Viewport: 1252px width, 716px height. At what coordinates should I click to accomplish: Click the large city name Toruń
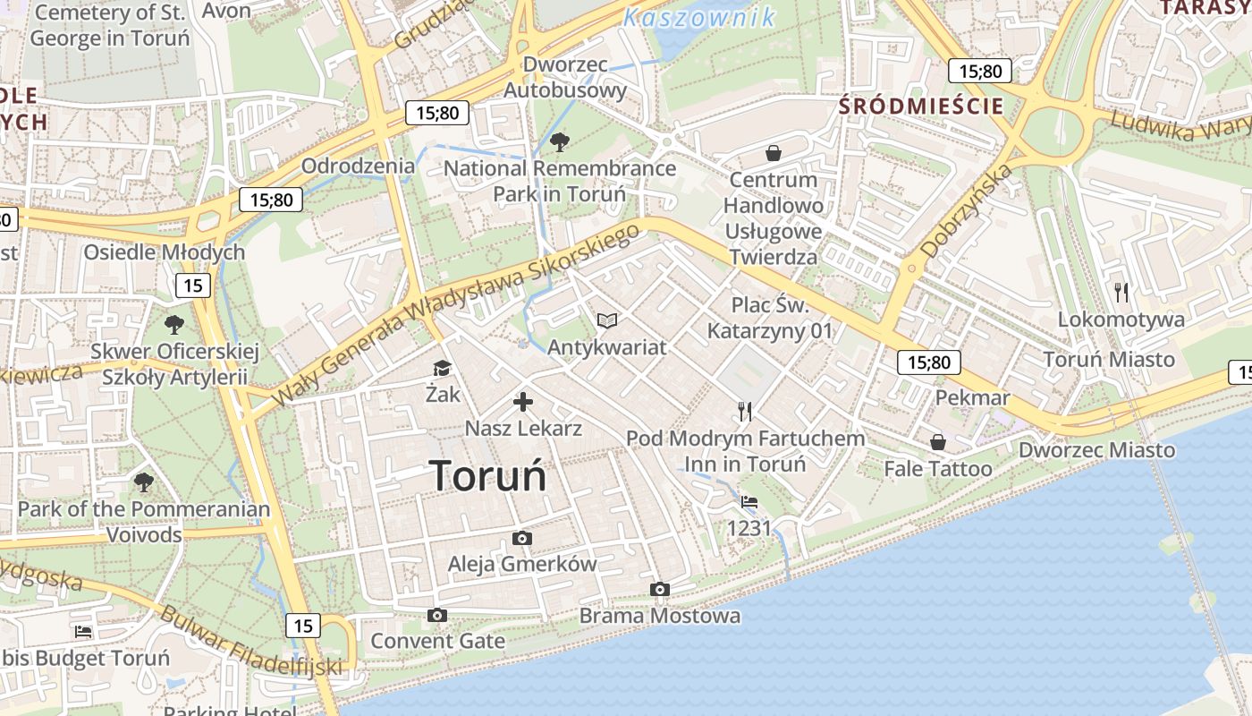click(487, 475)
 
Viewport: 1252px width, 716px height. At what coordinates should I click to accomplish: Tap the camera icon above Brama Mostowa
click(660, 589)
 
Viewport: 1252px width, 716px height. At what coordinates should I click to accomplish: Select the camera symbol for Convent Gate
click(437, 615)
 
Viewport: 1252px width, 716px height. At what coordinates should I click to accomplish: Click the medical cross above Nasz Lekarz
click(523, 402)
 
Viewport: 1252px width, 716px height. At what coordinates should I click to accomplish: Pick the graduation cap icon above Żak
click(442, 368)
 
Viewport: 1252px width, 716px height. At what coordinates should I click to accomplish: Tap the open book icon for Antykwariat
click(607, 320)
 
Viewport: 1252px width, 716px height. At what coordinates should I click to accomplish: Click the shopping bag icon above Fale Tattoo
click(938, 442)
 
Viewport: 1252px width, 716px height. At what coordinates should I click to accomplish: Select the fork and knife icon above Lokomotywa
click(1121, 292)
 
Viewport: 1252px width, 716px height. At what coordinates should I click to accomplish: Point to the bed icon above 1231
click(749, 502)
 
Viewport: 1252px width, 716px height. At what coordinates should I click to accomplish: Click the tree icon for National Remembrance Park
click(560, 141)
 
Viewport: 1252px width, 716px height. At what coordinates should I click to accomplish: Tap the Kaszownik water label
click(699, 17)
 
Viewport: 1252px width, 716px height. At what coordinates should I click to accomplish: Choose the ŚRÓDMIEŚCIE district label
click(921, 106)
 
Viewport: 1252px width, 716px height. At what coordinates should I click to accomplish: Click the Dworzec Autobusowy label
click(565, 77)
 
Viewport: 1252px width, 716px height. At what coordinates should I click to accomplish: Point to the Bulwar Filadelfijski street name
click(250, 641)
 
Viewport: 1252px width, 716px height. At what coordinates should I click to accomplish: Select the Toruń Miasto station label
click(1109, 360)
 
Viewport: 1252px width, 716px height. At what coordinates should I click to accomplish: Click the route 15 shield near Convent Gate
click(303, 625)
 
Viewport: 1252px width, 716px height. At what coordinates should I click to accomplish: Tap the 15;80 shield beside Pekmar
click(929, 362)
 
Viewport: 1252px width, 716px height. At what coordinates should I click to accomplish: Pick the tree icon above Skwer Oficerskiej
click(174, 324)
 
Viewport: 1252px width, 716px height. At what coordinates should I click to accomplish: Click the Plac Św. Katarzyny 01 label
click(769, 318)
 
